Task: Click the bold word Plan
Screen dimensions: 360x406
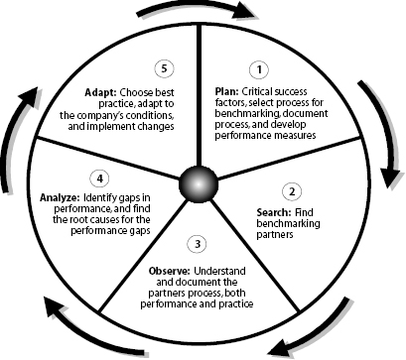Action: click(227, 91)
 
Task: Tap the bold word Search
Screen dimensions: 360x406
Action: click(270, 212)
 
